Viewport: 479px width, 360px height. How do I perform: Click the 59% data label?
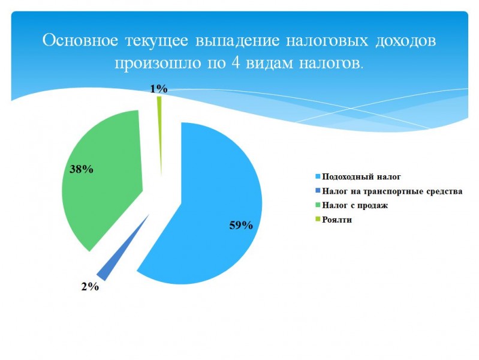241,226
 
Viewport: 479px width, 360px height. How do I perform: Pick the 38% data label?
82,169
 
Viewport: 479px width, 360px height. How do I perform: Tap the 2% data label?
90,287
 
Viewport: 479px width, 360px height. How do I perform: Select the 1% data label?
159,89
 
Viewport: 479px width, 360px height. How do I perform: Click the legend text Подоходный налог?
361,177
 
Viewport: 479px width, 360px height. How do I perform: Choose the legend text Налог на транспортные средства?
392,191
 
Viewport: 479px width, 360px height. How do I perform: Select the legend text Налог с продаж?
355,205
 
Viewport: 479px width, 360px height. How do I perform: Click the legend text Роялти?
337,220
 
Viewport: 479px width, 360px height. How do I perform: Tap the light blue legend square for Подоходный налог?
318,176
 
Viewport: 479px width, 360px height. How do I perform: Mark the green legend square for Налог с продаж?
318,205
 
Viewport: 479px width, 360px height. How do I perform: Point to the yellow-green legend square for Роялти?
318,219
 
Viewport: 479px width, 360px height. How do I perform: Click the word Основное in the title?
80,40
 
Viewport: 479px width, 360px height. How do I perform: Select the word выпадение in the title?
237,40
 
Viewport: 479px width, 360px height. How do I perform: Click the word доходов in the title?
405,41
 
